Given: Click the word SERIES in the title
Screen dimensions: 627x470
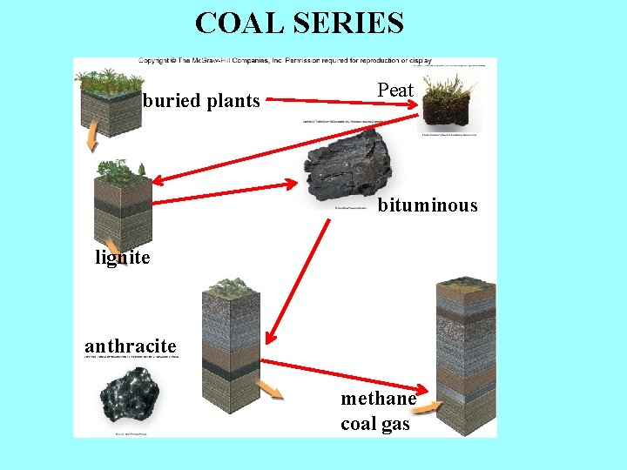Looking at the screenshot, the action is pos(348,23).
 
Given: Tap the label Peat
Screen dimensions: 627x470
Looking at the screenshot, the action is pos(395,90).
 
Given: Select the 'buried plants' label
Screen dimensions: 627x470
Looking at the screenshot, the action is pos(201,101).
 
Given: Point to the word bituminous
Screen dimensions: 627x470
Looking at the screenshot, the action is pos(428,205).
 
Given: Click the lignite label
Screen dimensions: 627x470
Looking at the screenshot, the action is pos(123,258).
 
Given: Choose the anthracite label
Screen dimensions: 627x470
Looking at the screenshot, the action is pos(131,346).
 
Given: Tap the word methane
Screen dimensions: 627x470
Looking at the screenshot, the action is pos(378,399).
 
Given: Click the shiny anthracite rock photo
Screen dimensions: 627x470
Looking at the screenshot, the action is pos(130,398).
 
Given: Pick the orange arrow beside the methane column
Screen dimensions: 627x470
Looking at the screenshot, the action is pos(427,406).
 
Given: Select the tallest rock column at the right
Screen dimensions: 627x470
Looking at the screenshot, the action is pos(465,357).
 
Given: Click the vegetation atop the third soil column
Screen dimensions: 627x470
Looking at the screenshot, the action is pos(230,287).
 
